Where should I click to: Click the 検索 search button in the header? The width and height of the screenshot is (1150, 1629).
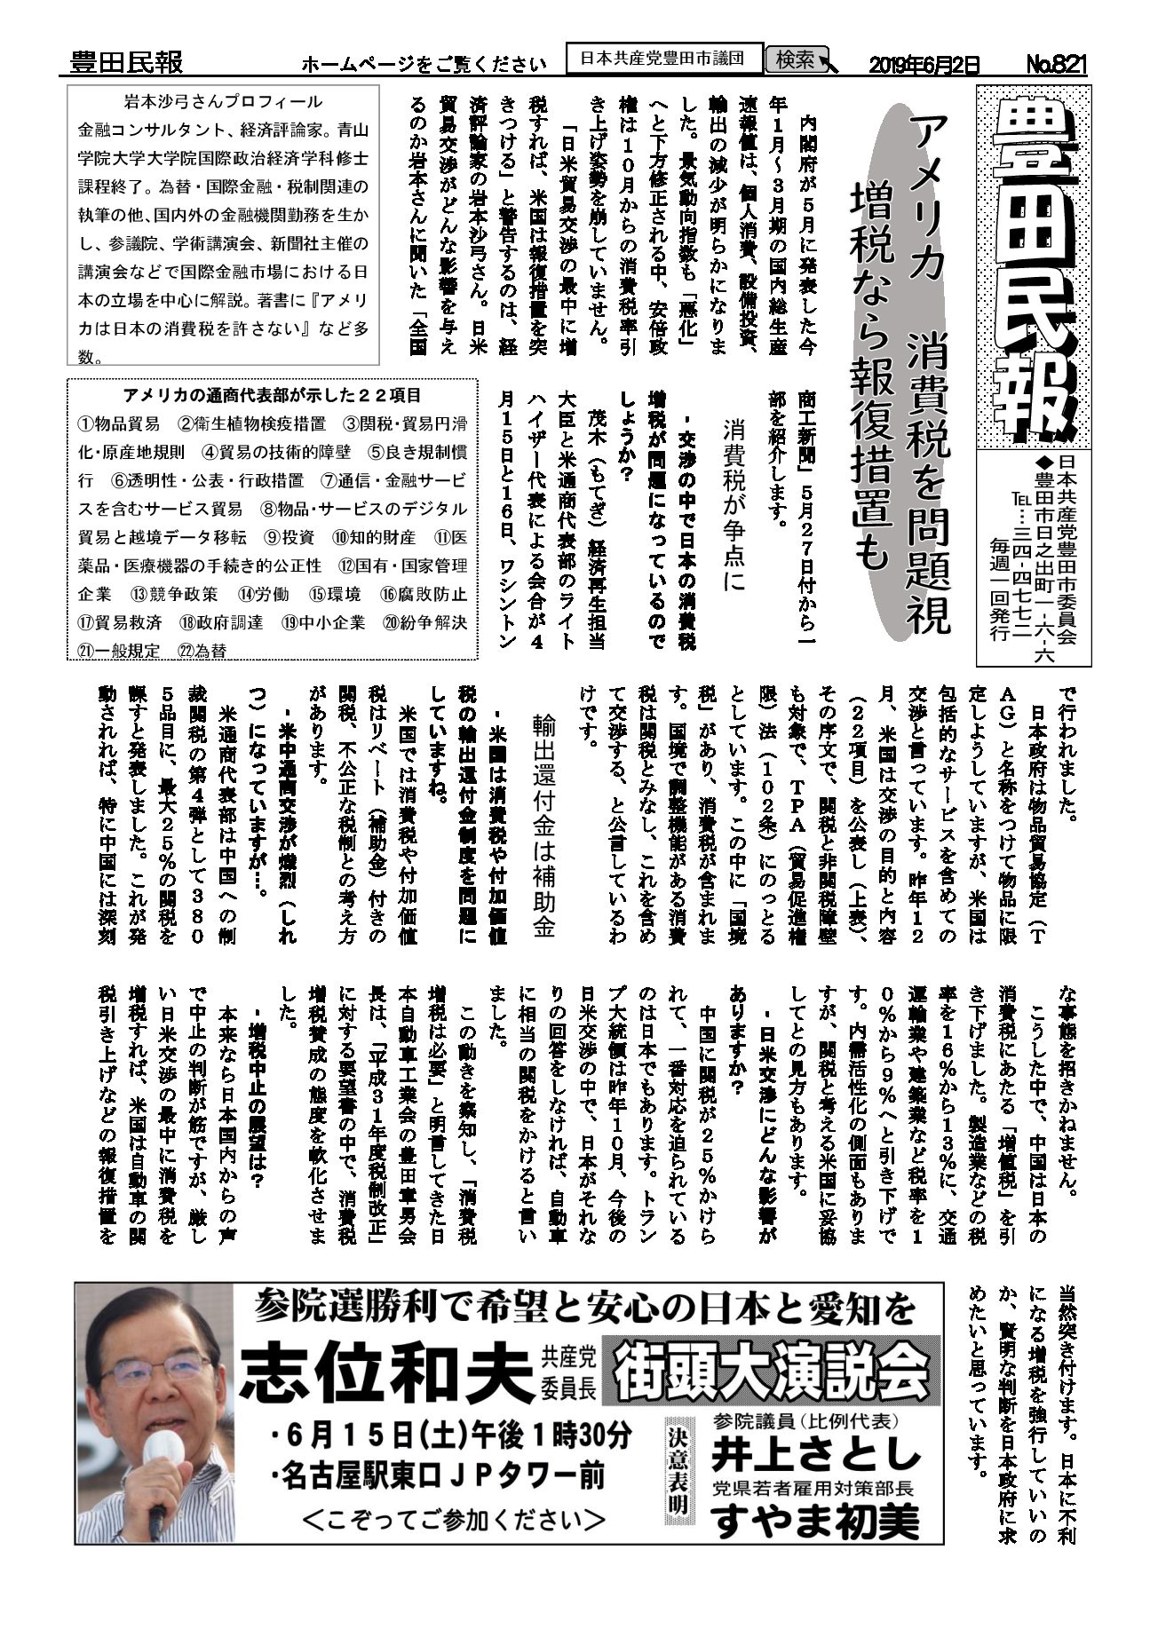[797, 59]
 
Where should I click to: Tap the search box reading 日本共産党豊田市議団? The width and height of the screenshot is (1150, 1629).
[663, 59]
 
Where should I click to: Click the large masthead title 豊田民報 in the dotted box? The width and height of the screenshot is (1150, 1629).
[1033, 266]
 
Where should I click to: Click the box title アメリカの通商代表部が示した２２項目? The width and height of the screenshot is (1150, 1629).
[271, 395]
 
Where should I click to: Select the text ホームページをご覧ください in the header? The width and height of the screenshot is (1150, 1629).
[424, 64]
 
